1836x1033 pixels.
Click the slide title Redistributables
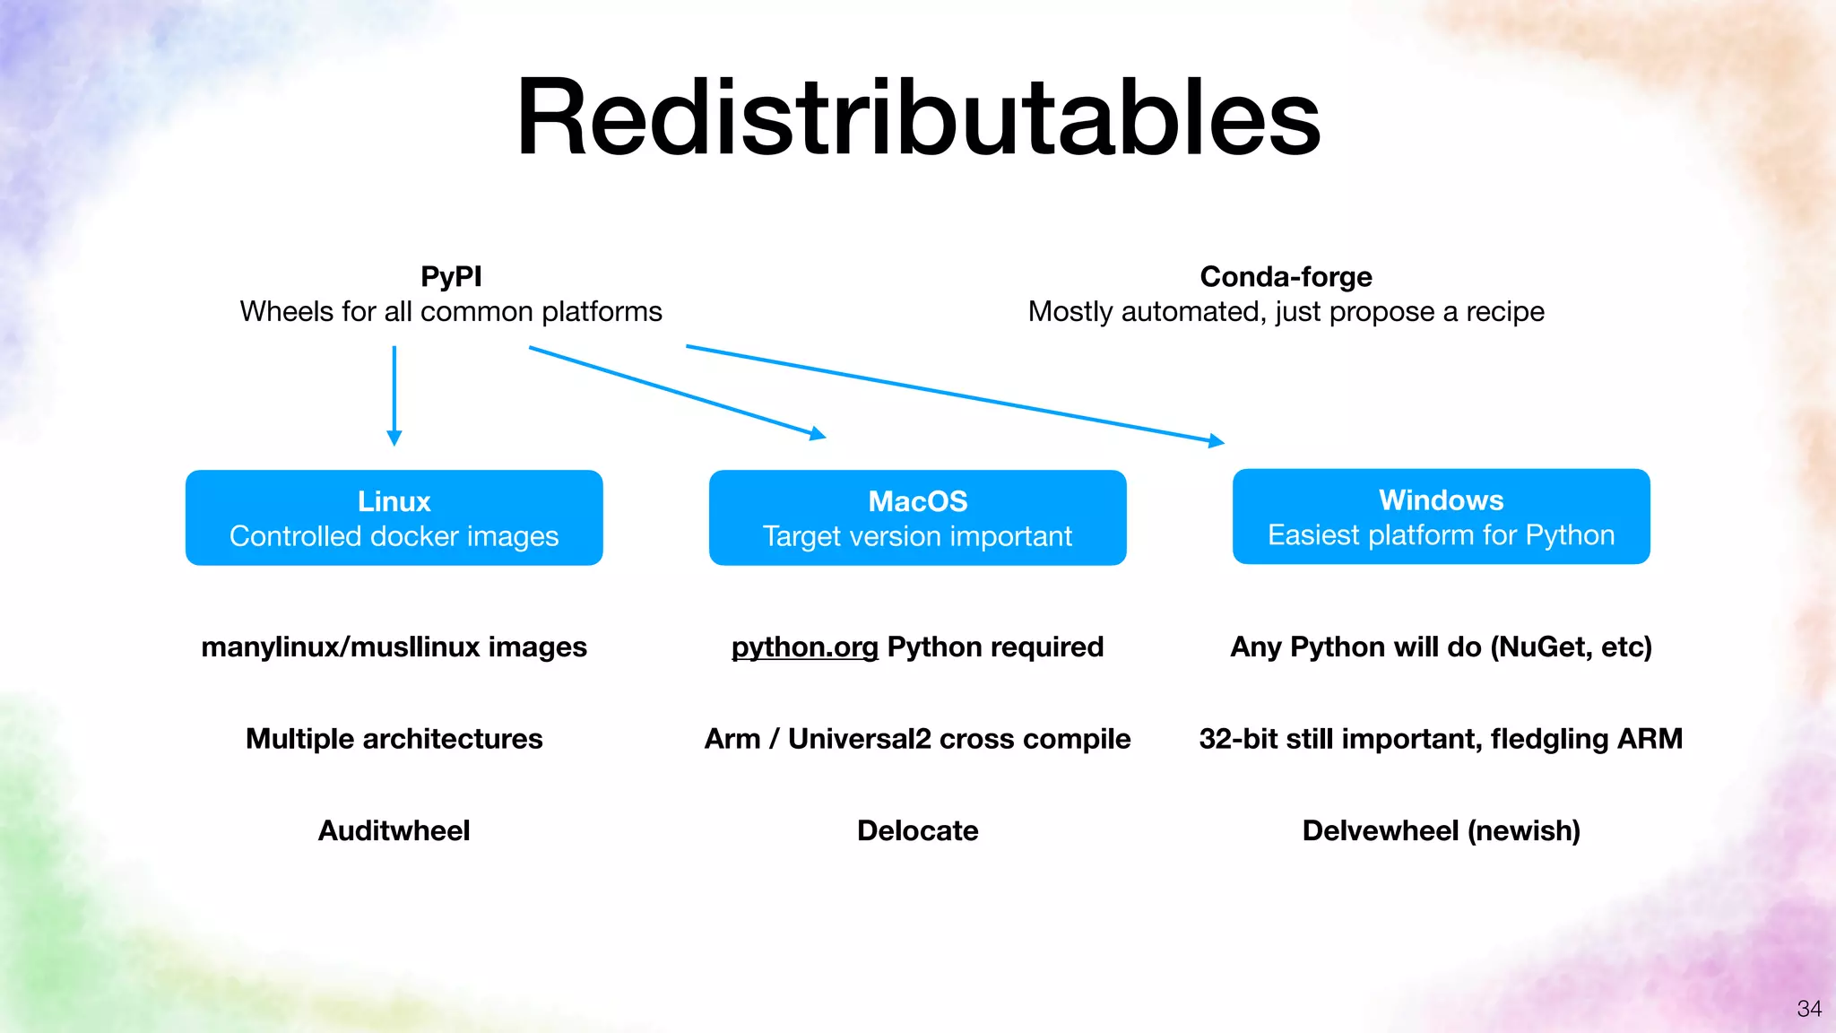[x=918, y=118]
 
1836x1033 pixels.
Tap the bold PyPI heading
[x=451, y=276]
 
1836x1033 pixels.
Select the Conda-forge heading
[x=1286, y=276]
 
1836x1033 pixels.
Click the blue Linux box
[x=394, y=517]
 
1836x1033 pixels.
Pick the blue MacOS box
[x=917, y=517]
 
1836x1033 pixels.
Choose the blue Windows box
[x=1441, y=516]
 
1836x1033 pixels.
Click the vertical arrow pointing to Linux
[x=394, y=395]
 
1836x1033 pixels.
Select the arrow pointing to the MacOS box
[x=677, y=392]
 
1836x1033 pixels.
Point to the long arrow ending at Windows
[x=955, y=394]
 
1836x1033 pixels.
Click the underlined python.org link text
[x=804, y=647]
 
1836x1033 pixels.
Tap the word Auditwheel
[x=394, y=830]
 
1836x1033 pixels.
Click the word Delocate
[x=917, y=830]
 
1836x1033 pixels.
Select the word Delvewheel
[x=1380, y=830]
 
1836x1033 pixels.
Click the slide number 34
[x=1809, y=1009]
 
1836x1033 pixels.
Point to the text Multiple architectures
[x=394, y=738]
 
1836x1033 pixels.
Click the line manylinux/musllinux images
[x=394, y=647]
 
